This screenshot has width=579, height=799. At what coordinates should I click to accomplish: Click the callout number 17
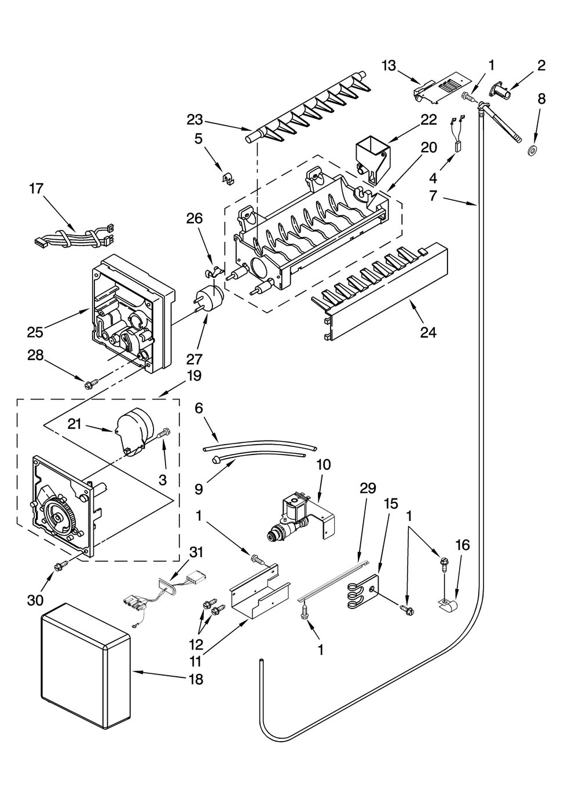pyautogui.click(x=36, y=189)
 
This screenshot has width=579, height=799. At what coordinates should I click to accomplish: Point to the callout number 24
pyautogui.click(x=428, y=332)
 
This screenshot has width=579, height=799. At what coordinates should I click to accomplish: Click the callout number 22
pyautogui.click(x=428, y=119)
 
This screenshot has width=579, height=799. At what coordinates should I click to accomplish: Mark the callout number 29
pyautogui.click(x=368, y=489)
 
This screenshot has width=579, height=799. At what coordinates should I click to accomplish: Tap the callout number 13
pyautogui.click(x=389, y=65)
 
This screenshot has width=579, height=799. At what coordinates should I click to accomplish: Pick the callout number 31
pyautogui.click(x=197, y=552)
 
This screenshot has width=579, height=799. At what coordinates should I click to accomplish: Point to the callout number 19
pyautogui.click(x=194, y=376)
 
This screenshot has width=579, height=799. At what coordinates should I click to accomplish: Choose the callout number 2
pyautogui.click(x=541, y=65)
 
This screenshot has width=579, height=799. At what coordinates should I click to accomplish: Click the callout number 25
pyautogui.click(x=35, y=332)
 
